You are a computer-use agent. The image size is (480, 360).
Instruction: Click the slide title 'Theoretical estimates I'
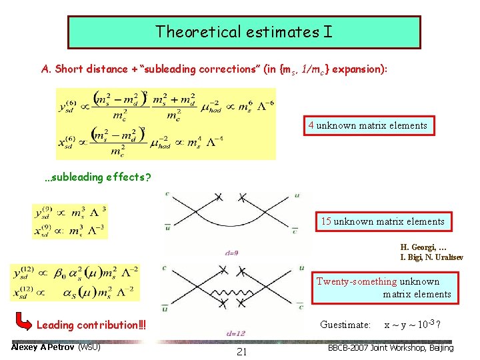click(244, 31)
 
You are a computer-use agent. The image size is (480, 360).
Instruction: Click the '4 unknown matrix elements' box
click(367, 125)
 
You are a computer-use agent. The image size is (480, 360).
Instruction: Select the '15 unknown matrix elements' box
click(383, 221)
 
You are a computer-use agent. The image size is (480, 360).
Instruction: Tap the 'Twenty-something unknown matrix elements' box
click(383, 287)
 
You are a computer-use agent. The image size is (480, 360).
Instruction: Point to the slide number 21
click(241, 351)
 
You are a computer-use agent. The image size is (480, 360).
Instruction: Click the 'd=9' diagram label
click(232, 252)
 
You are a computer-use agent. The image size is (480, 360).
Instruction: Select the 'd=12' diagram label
click(235, 333)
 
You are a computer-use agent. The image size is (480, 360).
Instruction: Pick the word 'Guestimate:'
click(345, 325)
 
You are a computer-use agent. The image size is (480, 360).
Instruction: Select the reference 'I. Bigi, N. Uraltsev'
click(431, 257)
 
